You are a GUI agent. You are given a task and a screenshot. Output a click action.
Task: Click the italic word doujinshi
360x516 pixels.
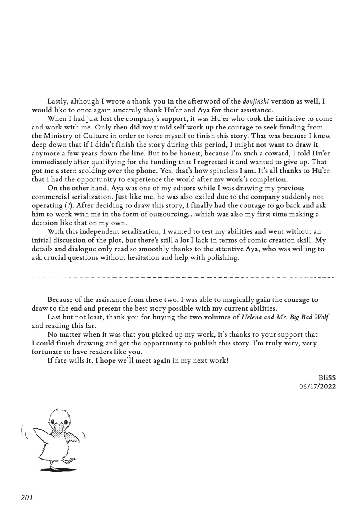coord(256,101)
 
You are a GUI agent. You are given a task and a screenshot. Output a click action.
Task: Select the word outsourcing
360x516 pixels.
coord(168,214)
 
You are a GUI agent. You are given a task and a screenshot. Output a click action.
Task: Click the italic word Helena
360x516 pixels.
coord(253,317)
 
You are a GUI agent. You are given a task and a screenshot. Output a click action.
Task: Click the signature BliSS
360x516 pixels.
coord(327,378)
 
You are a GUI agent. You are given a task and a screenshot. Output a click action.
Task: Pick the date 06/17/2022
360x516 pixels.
coord(318,387)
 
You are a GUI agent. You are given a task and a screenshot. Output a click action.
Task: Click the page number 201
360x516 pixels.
coord(27,498)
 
